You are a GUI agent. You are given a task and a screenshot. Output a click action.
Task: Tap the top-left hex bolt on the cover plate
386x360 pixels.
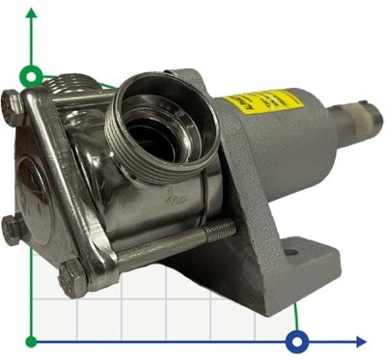click(x=12, y=101)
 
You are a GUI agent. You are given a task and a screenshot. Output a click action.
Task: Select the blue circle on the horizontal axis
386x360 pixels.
click(x=297, y=341)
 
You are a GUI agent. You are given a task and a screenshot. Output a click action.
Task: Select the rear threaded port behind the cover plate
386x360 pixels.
click(x=73, y=90)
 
